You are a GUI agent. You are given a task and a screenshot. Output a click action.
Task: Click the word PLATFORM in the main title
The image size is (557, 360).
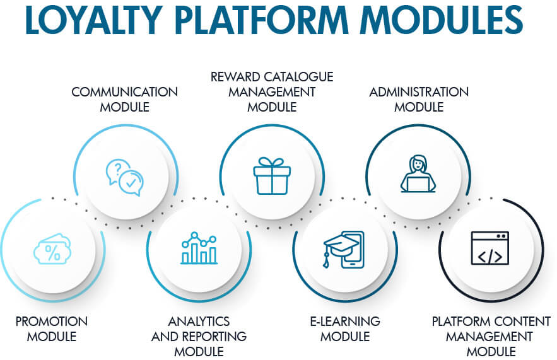[x=261, y=20]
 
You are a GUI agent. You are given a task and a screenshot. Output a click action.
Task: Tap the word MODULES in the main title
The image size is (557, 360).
[x=442, y=20]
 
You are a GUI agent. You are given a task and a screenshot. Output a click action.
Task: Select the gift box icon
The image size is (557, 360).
[x=272, y=176]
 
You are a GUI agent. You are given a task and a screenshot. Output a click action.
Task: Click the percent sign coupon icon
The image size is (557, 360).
[x=52, y=248]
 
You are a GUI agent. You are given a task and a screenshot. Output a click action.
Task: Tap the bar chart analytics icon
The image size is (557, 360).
[x=199, y=248]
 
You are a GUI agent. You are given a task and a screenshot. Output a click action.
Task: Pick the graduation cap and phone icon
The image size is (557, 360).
[x=344, y=249]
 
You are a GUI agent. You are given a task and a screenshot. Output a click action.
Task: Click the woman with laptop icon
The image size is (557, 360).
[x=418, y=173]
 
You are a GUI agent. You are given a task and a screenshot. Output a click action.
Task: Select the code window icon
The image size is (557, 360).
[x=490, y=248]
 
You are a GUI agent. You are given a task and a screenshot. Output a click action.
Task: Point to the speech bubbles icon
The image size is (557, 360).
[x=125, y=177]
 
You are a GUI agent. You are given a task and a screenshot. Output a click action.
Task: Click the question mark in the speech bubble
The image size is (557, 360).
[x=119, y=167]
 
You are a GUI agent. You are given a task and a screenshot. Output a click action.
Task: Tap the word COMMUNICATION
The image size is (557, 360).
[x=125, y=92]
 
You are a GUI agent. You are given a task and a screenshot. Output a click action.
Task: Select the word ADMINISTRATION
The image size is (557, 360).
[x=419, y=92]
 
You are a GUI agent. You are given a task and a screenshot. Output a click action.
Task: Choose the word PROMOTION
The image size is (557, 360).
[x=52, y=322]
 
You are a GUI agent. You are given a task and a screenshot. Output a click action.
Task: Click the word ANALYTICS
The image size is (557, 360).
[x=199, y=322]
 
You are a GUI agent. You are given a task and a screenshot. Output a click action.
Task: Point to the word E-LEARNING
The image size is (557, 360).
[x=345, y=322]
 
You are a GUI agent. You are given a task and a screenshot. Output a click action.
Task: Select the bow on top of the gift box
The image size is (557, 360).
[x=272, y=162]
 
